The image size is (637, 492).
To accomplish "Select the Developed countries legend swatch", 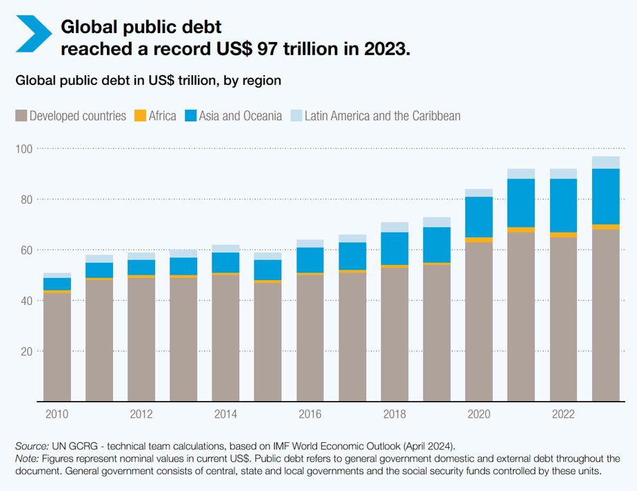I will point(21,116).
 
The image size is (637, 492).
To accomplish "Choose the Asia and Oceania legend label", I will point(241,116).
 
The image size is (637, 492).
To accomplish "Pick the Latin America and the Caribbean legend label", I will point(382,116).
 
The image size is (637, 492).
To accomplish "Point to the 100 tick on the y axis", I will point(25,149).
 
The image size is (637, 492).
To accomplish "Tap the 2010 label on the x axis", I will point(57,415).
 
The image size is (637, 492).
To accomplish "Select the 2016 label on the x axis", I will point(310,415).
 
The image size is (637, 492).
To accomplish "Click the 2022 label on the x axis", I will point(563,415).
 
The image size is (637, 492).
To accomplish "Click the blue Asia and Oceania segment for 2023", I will point(605,197).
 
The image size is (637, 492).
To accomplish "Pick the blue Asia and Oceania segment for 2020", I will point(478,217).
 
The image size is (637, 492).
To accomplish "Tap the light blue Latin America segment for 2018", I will point(394,228).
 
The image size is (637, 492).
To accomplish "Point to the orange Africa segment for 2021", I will point(520,230).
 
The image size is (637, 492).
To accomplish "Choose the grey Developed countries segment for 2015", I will point(267,342).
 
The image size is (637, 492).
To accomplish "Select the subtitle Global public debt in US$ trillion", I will point(148,81).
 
